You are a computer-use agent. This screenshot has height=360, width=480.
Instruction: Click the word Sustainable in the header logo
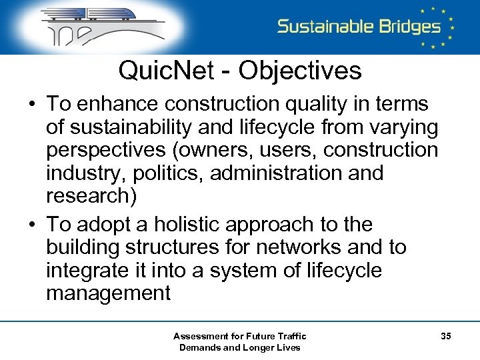(325, 27)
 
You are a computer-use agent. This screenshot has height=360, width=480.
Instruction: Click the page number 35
(445, 336)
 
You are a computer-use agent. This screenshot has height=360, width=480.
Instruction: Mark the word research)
(88, 195)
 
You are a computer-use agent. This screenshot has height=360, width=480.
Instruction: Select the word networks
(296, 247)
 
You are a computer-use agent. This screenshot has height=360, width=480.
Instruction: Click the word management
(108, 293)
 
